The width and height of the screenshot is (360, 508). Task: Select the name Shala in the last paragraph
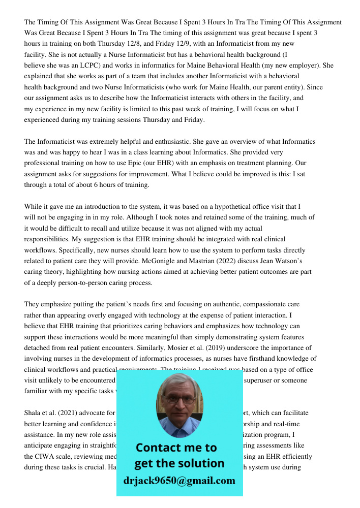point(34,413)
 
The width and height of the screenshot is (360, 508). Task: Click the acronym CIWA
point(47,457)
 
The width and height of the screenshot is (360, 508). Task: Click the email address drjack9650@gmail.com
point(179,481)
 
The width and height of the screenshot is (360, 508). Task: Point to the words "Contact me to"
point(176,448)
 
